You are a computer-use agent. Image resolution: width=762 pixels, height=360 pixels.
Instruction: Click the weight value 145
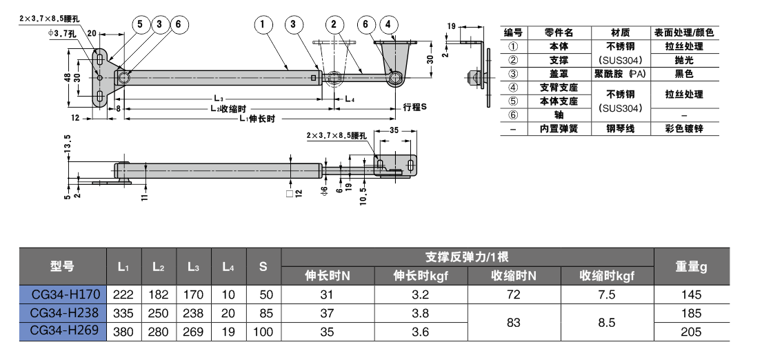click(690, 294)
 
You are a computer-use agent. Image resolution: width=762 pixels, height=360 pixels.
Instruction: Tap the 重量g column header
click(690, 266)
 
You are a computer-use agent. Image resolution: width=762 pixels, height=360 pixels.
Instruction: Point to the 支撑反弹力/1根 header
click(468, 257)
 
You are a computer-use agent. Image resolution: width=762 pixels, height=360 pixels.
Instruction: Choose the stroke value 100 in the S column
click(263, 331)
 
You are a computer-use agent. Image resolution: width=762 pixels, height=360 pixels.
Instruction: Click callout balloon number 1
click(263, 25)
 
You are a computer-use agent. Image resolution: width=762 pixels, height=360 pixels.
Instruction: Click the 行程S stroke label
click(415, 108)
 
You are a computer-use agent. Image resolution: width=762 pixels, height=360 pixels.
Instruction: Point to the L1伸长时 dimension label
click(257, 119)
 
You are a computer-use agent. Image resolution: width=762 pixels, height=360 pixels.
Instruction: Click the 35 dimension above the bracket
click(395, 130)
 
